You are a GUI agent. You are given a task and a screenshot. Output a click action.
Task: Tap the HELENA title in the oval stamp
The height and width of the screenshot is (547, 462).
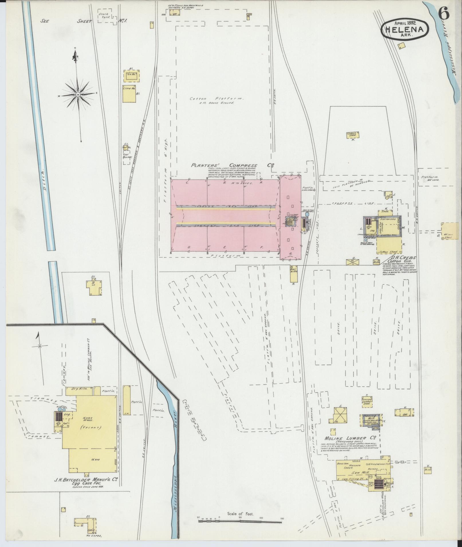(x=405, y=30)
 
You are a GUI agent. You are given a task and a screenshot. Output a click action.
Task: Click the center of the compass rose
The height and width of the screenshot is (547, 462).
(x=78, y=94)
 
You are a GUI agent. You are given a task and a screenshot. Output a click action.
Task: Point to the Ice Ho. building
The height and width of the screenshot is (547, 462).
(x=131, y=75)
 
